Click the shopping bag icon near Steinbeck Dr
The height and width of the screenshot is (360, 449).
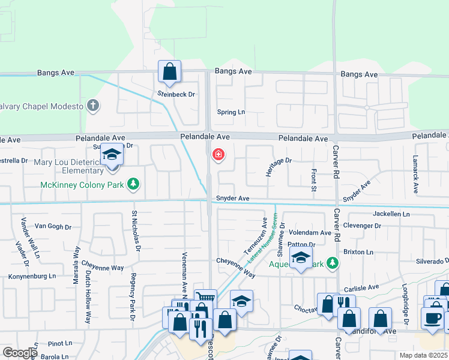tap(170, 71)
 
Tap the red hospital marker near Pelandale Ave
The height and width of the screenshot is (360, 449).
tap(218, 156)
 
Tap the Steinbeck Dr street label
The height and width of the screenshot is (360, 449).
tap(176, 94)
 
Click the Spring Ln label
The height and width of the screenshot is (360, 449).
tap(231, 112)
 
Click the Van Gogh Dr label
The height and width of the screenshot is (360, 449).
tap(53, 227)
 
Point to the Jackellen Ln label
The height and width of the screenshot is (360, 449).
tap(391, 214)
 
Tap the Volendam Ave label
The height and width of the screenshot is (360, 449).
tap(310, 233)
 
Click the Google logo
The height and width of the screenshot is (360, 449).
tap(19, 353)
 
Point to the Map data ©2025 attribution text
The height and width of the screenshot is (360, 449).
tap(423, 355)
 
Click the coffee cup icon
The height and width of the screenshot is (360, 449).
tap(433, 318)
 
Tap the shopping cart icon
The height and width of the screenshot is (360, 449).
tap(206, 296)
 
